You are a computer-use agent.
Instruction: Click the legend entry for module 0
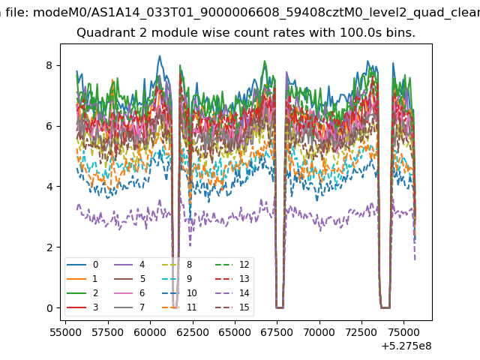click(82, 265)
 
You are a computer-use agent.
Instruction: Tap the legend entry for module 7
click(130, 307)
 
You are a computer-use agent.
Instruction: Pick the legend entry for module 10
click(179, 293)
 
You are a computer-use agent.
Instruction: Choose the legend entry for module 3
click(82, 307)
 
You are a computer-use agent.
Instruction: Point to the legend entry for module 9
click(177, 278)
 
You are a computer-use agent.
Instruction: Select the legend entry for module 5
click(130, 278)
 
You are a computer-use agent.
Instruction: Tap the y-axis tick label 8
click(49, 65)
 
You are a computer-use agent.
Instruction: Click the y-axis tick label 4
click(49, 187)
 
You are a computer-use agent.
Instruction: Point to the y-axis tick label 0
click(49, 308)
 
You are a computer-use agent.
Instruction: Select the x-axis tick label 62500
click(193, 332)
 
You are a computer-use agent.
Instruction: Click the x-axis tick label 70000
click(319, 332)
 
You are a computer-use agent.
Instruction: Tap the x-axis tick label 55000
click(65, 332)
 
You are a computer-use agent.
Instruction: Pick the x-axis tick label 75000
click(404, 332)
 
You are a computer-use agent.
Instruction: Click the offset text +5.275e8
click(406, 346)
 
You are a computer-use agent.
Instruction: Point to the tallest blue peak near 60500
click(160, 56)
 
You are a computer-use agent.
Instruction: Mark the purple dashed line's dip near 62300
click(190, 245)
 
